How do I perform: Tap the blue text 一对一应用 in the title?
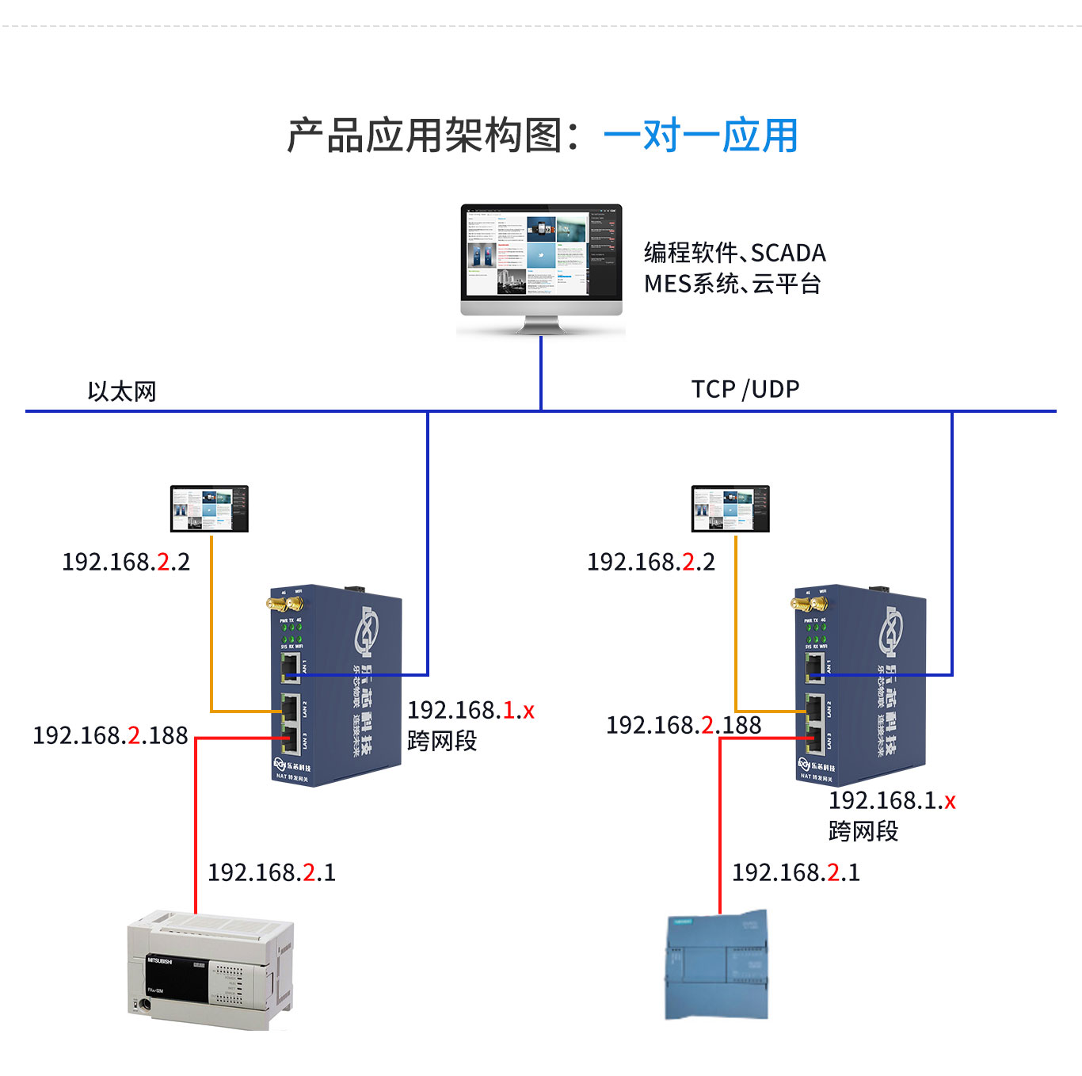pos(700,135)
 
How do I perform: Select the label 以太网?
pos(122,391)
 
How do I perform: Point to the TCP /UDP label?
pos(745,389)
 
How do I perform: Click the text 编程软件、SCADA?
pos(734,253)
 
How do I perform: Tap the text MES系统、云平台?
pos(732,284)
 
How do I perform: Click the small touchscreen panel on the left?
pos(209,509)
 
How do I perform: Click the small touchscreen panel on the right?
pos(730,509)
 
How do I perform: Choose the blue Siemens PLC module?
pos(718,966)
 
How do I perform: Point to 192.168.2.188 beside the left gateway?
pos(110,735)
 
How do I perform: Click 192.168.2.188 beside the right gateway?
pos(683,725)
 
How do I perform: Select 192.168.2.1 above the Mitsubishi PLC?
pos(272,872)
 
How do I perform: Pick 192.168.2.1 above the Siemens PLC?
pos(796,872)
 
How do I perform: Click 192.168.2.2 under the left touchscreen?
pos(126,562)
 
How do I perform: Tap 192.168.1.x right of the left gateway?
pos(471,710)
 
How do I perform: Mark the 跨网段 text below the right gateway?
pos(863,831)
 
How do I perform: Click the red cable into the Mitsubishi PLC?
pos(196,832)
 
